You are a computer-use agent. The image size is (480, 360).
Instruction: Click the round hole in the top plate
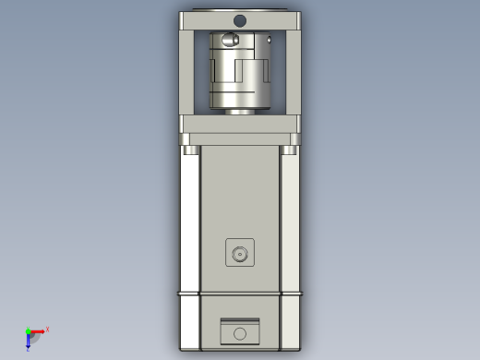(240, 20)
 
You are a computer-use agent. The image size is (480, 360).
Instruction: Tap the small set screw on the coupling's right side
(269, 40)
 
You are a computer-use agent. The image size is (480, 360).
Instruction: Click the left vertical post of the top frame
(187, 72)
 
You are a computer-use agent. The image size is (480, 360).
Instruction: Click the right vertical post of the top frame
(293, 72)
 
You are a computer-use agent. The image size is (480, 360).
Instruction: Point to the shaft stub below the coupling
(240, 112)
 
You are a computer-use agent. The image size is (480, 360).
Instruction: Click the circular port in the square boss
(240, 253)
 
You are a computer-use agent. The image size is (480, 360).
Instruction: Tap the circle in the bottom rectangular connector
(240, 333)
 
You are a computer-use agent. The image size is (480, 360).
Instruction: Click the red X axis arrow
(38, 330)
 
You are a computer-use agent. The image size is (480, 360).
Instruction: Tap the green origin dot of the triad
(28, 330)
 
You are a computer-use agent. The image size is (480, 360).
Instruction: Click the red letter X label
(47, 329)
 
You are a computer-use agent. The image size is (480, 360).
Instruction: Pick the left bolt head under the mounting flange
(188, 150)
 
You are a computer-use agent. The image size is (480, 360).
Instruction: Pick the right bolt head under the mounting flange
(292, 150)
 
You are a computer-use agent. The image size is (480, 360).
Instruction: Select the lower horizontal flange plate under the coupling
(240, 124)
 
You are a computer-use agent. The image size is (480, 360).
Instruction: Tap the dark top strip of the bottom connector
(240, 320)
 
